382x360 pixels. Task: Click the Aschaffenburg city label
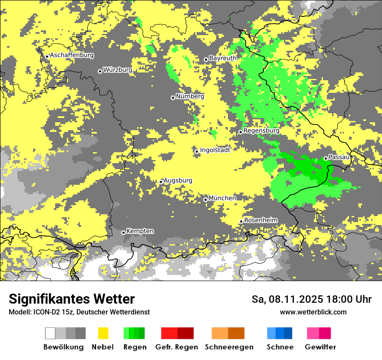pyautogui.click(x=72, y=55)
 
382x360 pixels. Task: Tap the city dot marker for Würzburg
pyautogui.click(x=100, y=71)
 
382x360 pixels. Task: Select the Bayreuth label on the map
pyautogui.click(x=223, y=58)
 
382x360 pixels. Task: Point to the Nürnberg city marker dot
pyautogui.click(x=173, y=98)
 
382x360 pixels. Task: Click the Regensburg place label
pyautogui.click(x=261, y=131)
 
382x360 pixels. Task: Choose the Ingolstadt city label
pyautogui.click(x=215, y=150)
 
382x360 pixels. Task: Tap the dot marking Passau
pyautogui.click(x=326, y=158)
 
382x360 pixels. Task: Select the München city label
pyautogui.click(x=222, y=198)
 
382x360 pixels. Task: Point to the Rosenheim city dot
pyautogui.click(x=241, y=222)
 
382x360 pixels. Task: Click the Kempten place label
pyautogui.click(x=140, y=231)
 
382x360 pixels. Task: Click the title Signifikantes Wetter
pyautogui.click(x=72, y=299)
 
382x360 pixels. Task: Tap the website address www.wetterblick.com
pyautogui.click(x=313, y=312)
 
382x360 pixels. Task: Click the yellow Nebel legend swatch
pyautogui.click(x=103, y=333)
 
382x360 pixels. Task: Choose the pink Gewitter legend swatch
pyautogui.click(x=313, y=333)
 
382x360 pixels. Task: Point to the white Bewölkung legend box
pyautogui.click(x=50, y=333)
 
